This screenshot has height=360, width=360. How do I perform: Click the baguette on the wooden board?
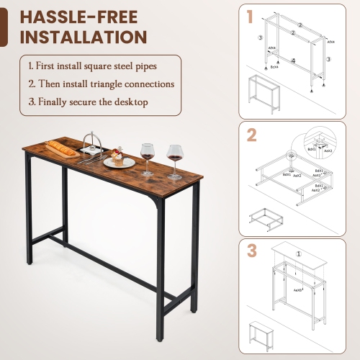(x=62, y=148)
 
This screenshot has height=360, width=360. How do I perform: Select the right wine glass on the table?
(x=174, y=157)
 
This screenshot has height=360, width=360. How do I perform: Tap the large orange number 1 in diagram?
(x=249, y=16)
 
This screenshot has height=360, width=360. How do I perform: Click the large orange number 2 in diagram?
(x=251, y=135)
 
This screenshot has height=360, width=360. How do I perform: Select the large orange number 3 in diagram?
(x=251, y=251)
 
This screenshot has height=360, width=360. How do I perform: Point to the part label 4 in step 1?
(x=294, y=61)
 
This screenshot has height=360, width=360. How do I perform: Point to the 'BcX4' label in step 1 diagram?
(x=274, y=67)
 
